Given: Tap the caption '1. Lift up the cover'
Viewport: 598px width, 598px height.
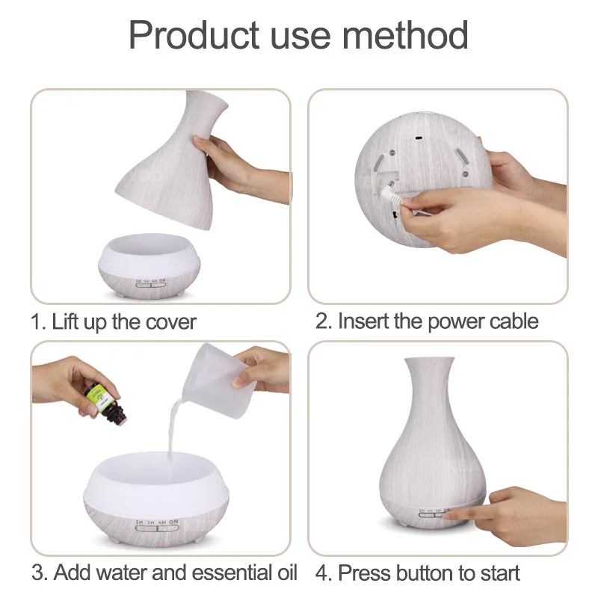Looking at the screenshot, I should pos(113,322).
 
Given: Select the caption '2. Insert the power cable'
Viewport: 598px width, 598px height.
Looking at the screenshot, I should pos(427,322).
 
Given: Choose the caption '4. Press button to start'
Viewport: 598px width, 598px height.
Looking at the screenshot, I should pos(418,573).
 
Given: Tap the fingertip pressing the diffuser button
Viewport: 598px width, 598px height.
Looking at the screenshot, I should pos(458,514).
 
